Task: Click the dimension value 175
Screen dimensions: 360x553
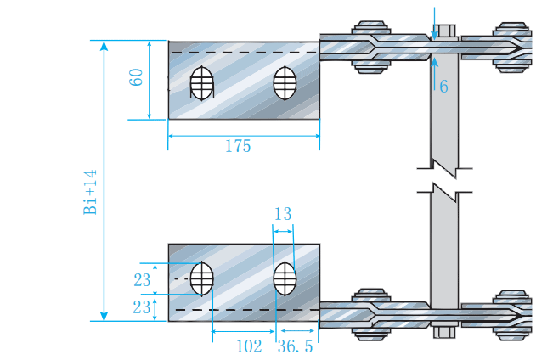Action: click(x=238, y=146)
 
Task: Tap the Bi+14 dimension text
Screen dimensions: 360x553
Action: click(x=91, y=192)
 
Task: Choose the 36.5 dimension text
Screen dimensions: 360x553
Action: click(x=295, y=346)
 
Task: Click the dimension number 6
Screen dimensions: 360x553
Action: click(x=443, y=86)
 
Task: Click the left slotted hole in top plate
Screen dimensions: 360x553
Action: click(x=201, y=82)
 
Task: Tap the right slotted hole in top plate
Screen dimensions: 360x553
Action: click(x=284, y=82)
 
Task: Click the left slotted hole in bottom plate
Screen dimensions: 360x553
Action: click(x=201, y=277)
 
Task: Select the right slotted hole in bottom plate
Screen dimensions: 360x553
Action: click(x=284, y=277)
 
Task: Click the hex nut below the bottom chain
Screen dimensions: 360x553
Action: click(x=444, y=331)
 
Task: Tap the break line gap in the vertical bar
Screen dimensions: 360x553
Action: click(x=444, y=177)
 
